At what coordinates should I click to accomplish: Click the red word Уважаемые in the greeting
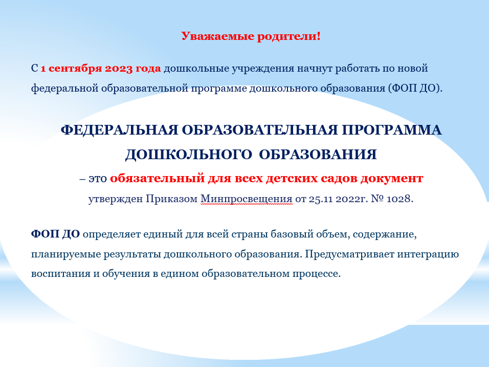(218, 36)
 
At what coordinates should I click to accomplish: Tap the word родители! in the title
(288, 36)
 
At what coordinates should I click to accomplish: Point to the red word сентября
(75, 69)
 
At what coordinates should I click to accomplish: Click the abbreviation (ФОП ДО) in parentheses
(415, 89)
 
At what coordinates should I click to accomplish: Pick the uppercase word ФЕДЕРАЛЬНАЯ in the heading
(120, 130)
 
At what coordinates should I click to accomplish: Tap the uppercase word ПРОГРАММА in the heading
(392, 130)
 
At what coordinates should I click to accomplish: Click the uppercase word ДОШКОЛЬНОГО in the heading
(188, 155)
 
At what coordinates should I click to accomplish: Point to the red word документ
(392, 179)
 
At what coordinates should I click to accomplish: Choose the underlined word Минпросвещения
(247, 199)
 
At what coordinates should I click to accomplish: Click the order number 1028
(400, 199)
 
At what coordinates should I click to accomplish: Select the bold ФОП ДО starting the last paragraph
(56, 234)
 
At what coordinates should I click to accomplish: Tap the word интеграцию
(428, 254)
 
